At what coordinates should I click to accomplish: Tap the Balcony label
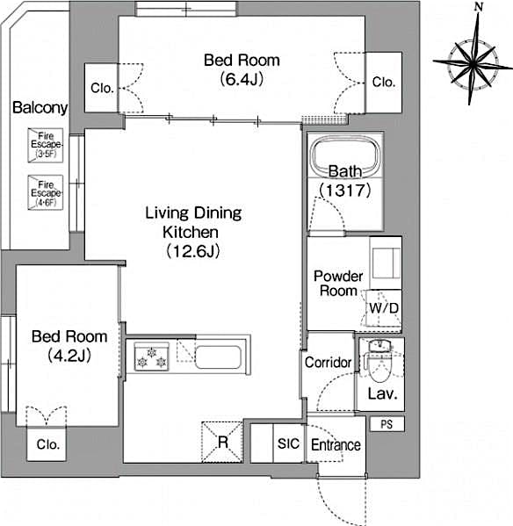[x=40, y=108]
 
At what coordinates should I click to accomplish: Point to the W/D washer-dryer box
[x=383, y=308]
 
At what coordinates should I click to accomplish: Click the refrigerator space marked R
[x=222, y=440]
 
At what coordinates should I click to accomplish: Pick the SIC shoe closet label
[x=288, y=444]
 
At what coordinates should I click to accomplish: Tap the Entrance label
[x=336, y=445]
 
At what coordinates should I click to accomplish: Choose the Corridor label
[x=328, y=363]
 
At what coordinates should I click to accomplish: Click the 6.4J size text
[x=242, y=79]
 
